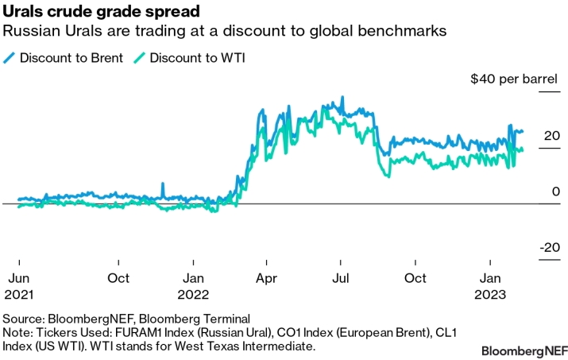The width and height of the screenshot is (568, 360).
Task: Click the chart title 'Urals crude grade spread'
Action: pos(101,13)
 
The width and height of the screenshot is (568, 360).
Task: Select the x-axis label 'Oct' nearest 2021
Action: pos(118,278)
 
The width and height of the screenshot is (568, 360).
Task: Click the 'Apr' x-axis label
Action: pos(266,278)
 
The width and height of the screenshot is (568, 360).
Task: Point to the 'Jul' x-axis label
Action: pos(340,278)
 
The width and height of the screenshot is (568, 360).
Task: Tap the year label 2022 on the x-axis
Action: pos(194,292)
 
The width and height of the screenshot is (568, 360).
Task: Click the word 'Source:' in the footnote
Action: pos(26,317)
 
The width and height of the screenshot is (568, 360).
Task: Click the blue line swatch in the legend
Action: pos(10,58)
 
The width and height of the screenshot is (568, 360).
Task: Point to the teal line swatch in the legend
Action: pos(139,58)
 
